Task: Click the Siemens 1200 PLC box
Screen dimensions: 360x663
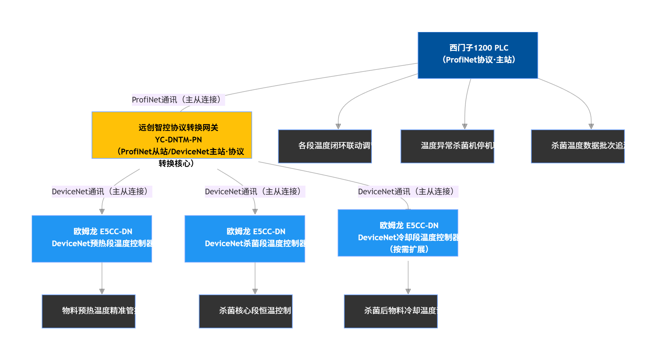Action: [x=478, y=55]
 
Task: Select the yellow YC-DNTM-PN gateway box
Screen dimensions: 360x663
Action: [x=172, y=135]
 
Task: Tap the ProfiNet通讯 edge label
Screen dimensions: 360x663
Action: [x=178, y=100]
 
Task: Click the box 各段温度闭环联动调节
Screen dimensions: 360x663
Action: [x=325, y=146]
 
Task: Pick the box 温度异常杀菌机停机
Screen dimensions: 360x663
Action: [x=447, y=146]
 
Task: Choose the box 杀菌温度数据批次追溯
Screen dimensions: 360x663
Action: [x=578, y=146]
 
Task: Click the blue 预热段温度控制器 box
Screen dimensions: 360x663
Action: [x=92, y=239]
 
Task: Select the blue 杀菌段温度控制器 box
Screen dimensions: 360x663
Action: [x=245, y=239]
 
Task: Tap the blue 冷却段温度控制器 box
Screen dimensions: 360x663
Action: [x=398, y=233]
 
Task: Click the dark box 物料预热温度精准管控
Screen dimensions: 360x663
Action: [x=89, y=311]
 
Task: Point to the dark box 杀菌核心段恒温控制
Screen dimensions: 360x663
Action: [x=246, y=311]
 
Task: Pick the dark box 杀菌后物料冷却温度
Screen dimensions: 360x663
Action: [x=391, y=311]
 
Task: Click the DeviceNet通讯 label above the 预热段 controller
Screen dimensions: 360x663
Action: [x=102, y=192]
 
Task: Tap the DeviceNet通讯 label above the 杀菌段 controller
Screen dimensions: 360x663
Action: [x=255, y=192]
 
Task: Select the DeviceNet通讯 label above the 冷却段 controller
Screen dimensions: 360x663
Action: [x=408, y=192]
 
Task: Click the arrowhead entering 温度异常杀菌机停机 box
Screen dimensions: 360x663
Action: [x=465, y=126]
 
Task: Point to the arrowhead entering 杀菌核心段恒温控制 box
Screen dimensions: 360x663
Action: [x=255, y=291]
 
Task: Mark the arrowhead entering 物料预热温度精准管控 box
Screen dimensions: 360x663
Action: [x=102, y=291]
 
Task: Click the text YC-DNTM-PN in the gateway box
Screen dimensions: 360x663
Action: [x=178, y=140]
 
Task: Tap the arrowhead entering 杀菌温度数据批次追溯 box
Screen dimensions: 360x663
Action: [x=591, y=126]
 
